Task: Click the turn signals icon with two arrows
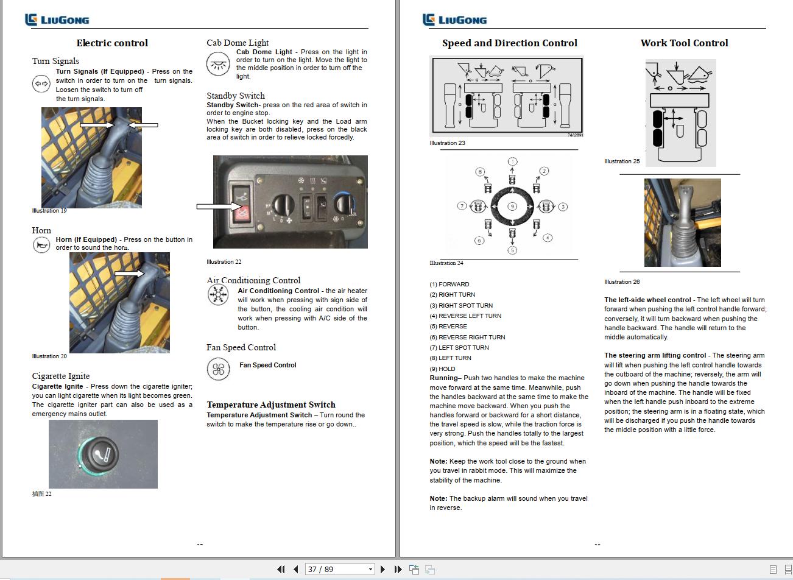click(41, 83)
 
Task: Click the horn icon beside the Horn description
click(41, 245)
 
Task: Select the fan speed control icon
click(218, 369)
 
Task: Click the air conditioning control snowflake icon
click(218, 295)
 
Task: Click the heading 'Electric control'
click(112, 43)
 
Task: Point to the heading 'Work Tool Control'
click(684, 43)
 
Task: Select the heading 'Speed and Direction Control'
click(509, 43)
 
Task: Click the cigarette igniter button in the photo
click(99, 454)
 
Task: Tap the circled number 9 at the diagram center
click(512, 207)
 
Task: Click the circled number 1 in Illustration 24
click(512, 162)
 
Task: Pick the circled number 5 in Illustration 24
click(512, 250)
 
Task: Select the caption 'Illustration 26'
click(622, 281)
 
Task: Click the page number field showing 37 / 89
click(339, 569)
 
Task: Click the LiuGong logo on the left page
click(57, 19)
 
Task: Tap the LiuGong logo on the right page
click(455, 19)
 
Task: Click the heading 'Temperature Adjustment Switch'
click(271, 405)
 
